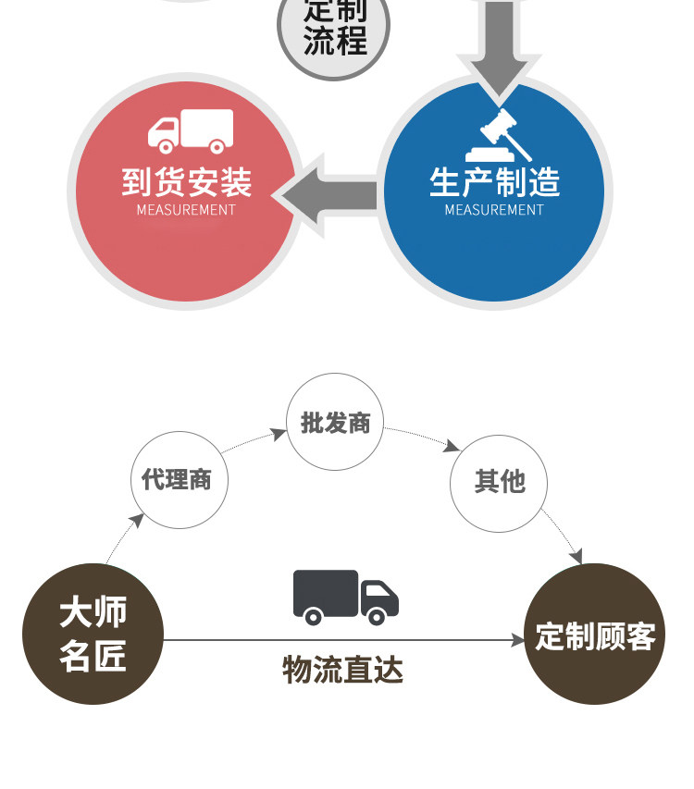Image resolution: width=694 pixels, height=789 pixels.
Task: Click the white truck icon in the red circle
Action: click(x=191, y=131)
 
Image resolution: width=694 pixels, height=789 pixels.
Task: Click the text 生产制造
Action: click(x=494, y=181)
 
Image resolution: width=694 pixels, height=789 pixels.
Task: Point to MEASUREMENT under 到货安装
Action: click(x=186, y=210)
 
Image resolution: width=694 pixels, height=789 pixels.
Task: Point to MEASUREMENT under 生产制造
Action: click(x=494, y=210)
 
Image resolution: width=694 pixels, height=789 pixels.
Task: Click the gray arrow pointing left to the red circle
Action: click(x=328, y=195)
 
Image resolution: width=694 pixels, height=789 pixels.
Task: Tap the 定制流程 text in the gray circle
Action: click(x=335, y=28)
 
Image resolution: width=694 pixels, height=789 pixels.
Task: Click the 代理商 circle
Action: click(x=178, y=480)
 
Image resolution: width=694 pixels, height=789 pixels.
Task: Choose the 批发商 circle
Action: click(x=335, y=422)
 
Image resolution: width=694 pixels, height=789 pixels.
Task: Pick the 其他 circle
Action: click(x=499, y=483)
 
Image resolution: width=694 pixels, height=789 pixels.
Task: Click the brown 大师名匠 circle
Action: click(x=93, y=635)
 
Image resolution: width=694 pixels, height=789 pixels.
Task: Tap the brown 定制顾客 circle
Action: click(x=595, y=635)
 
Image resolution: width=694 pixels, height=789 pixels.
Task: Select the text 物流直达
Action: click(x=342, y=669)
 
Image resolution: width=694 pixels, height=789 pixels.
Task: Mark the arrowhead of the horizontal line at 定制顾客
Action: click(x=519, y=640)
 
